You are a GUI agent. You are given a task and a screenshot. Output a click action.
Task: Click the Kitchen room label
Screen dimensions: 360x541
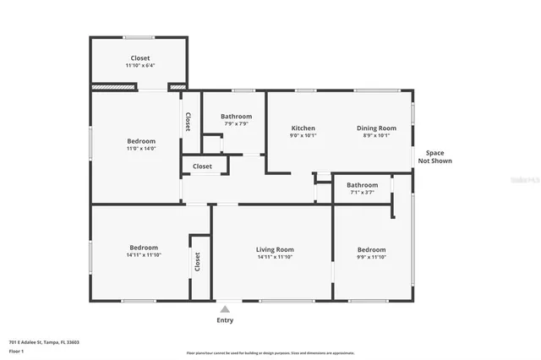pos(303,128)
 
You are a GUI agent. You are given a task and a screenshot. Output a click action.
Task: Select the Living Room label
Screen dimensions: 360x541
pos(275,249)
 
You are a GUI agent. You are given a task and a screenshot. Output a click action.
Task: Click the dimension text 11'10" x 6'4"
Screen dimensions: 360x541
pos(140,66)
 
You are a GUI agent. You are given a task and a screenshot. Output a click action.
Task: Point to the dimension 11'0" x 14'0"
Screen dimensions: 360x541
pos(141,150)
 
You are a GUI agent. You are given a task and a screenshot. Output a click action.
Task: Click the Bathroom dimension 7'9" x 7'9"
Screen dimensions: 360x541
pos(236,124)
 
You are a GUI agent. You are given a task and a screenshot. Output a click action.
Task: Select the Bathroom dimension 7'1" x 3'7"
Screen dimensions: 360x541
pos(362,193)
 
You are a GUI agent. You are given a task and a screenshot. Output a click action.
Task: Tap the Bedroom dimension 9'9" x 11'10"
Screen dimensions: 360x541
pos(371,258)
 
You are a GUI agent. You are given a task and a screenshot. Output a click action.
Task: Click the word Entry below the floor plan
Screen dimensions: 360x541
pos(225,320)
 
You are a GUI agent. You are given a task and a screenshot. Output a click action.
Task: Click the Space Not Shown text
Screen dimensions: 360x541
pos(434,157)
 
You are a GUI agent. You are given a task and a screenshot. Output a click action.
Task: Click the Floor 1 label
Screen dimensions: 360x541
pos(16,350)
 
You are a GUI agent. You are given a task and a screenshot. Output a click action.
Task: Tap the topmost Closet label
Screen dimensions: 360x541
pos(140,58)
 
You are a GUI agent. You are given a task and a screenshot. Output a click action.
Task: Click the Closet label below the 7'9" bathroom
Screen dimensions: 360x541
pos(202,166)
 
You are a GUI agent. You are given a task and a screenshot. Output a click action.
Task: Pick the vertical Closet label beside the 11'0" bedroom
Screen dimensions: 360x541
pos(188,123)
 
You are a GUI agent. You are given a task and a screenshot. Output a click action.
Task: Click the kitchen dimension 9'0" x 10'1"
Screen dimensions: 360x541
pos(303,136)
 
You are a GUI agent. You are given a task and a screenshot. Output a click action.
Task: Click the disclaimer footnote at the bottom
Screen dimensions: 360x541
pos(270,353)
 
